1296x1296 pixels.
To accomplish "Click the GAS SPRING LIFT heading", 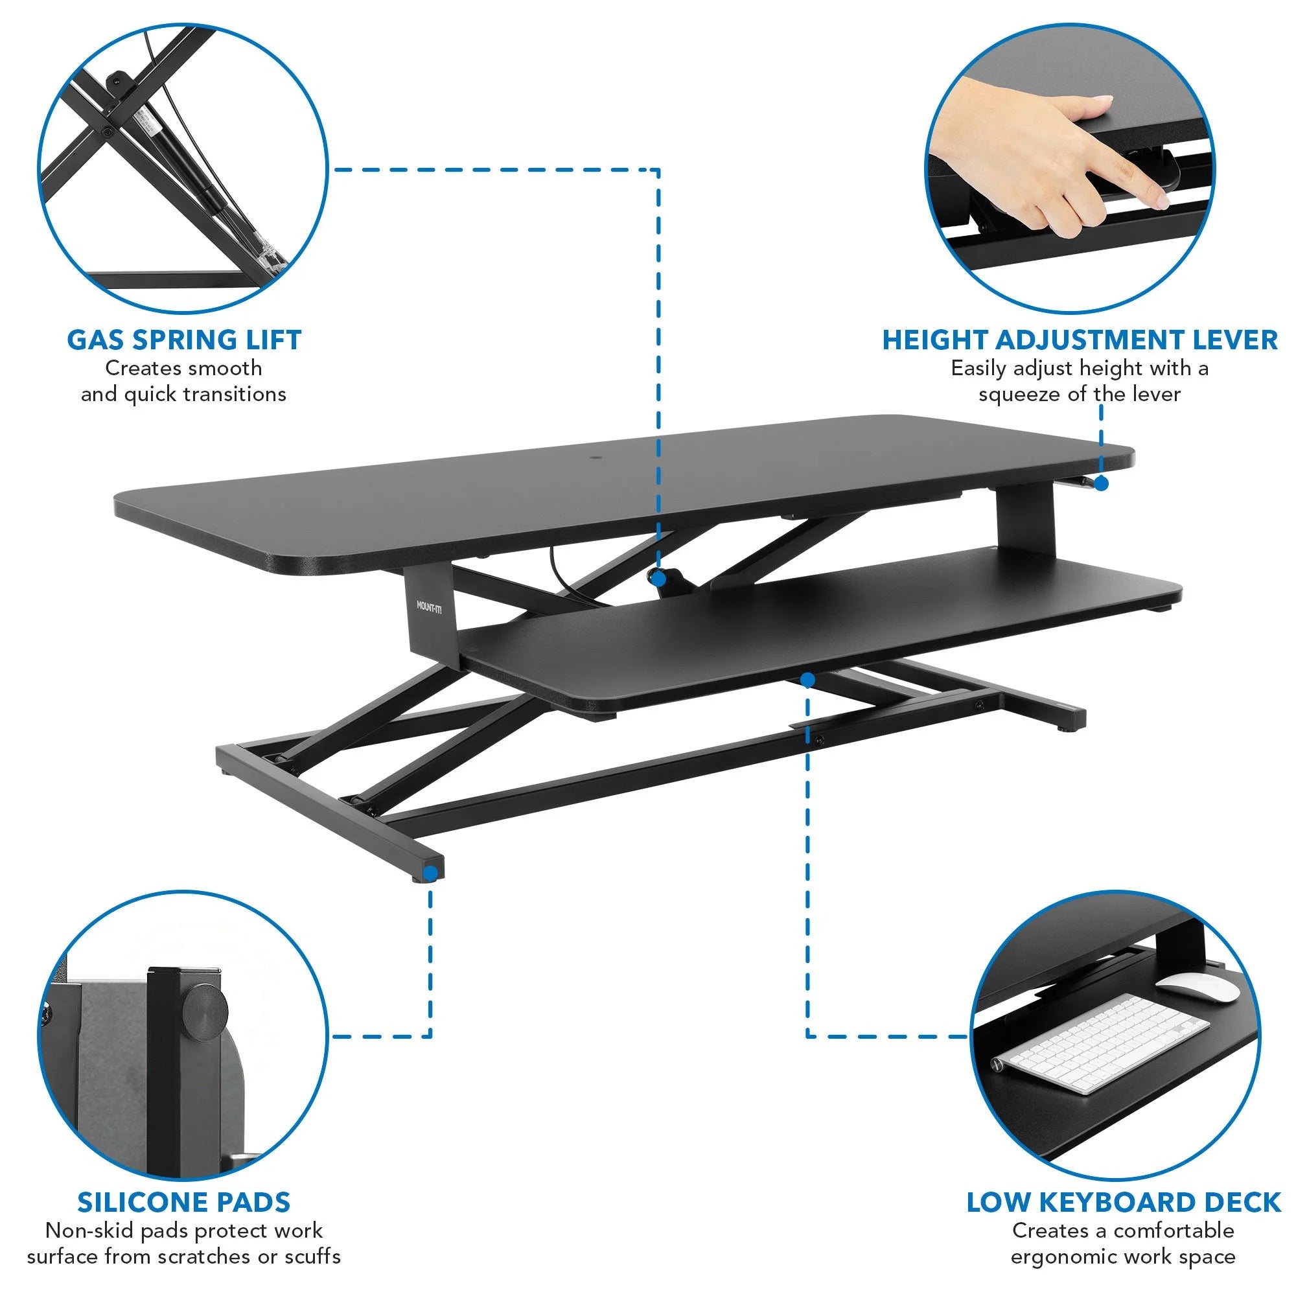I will pyautogui.click(x=184, y=340).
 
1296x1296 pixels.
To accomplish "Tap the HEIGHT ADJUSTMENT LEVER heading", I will pyautogui.click(x=1080, y=340).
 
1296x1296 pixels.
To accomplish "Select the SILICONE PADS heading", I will pyautogui.click(x=184, y=1202).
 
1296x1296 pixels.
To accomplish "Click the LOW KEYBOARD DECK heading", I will pyautogui.click(x=1124, y=1202).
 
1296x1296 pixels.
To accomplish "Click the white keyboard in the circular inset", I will pyautogui.click(x=1100, y=1044).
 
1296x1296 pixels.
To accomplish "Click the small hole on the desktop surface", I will pyautogui.click(x=596, y=460).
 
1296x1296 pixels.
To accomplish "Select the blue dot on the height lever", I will pyautogui.click(x=1102, y=483).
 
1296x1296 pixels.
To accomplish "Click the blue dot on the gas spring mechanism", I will pyautogui.click(x=658, y=577).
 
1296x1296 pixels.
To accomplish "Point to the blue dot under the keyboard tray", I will pyautogui.click(x=807, y=680).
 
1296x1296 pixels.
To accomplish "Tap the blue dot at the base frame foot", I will pyautogui.click(x=430, y=873).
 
